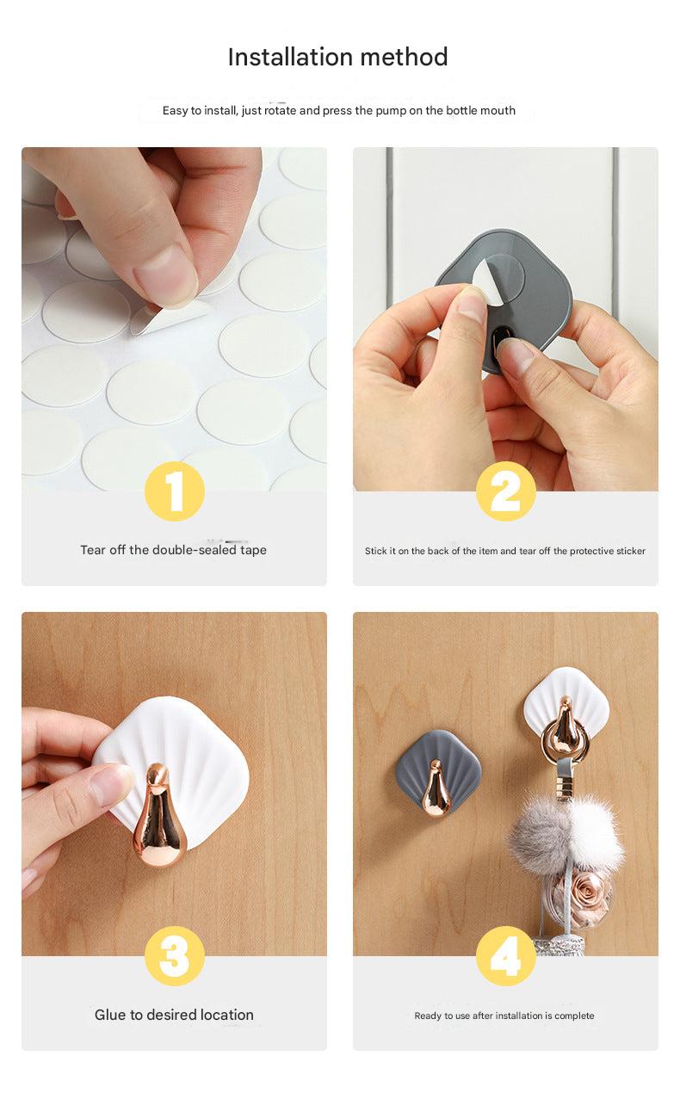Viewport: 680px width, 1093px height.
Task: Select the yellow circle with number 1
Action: coord(174,491)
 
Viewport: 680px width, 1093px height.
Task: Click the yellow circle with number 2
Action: coord(506,491)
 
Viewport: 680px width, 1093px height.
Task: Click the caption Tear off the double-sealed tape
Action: coord(174,550)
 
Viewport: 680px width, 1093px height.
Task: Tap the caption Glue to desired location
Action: coord(174,1015)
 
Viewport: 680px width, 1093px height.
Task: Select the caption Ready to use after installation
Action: coord(504,1016)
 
